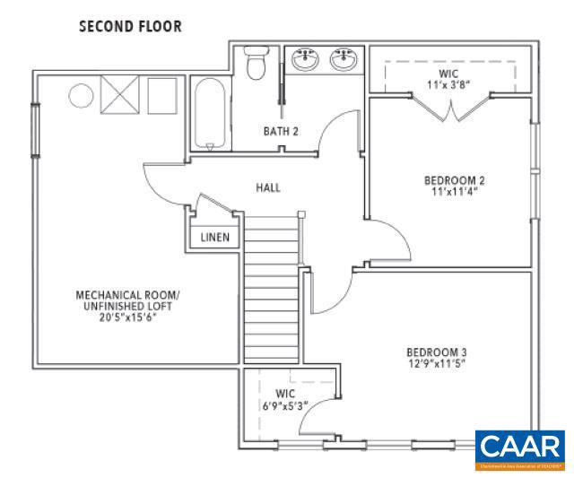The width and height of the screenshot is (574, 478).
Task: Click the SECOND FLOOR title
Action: pyautogui.click(x=130, y=26)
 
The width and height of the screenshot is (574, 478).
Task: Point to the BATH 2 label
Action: pyautogui.click(x=280, y=132)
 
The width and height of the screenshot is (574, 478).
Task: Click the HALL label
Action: pyautogui.click(x=267, y=188)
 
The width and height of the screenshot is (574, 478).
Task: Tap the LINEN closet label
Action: pyautogui.click(x=214, y=238)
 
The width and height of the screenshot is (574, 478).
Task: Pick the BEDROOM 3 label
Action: pyautogui.click(x=436, y=352)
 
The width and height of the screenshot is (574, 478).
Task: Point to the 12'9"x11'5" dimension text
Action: pyautogui.click(x=436, y=364)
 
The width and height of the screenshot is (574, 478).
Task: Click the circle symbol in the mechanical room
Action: pyautogui.click(x=81, y=94)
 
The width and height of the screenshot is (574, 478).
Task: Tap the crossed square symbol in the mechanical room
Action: pyautogui.click(x=117, y=93)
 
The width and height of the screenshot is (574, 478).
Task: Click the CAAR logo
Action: pyautogui.click(x=519, y=448)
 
